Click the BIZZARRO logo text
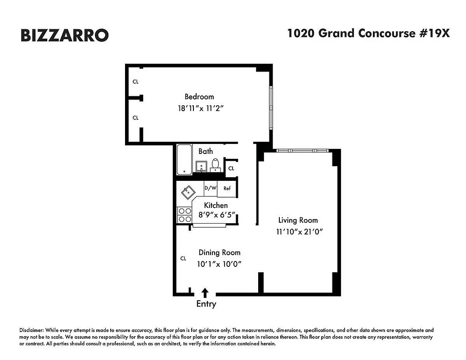(x=64, y=35)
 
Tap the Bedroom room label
(x=199, y=97)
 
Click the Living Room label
(x=298, y=220)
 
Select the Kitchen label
(x=216, y=205)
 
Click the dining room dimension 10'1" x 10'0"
(x=220, y=264)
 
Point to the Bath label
(x=206, y=151)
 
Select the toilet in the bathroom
(x=216, y=165)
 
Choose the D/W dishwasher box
(x=210, y=188)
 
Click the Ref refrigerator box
(x=227, y=189)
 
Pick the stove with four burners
(x=184, y=215)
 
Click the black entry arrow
(x=205, y=293)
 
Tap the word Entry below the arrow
(x=206, y=304)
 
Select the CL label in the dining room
(x=183, y=258)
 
